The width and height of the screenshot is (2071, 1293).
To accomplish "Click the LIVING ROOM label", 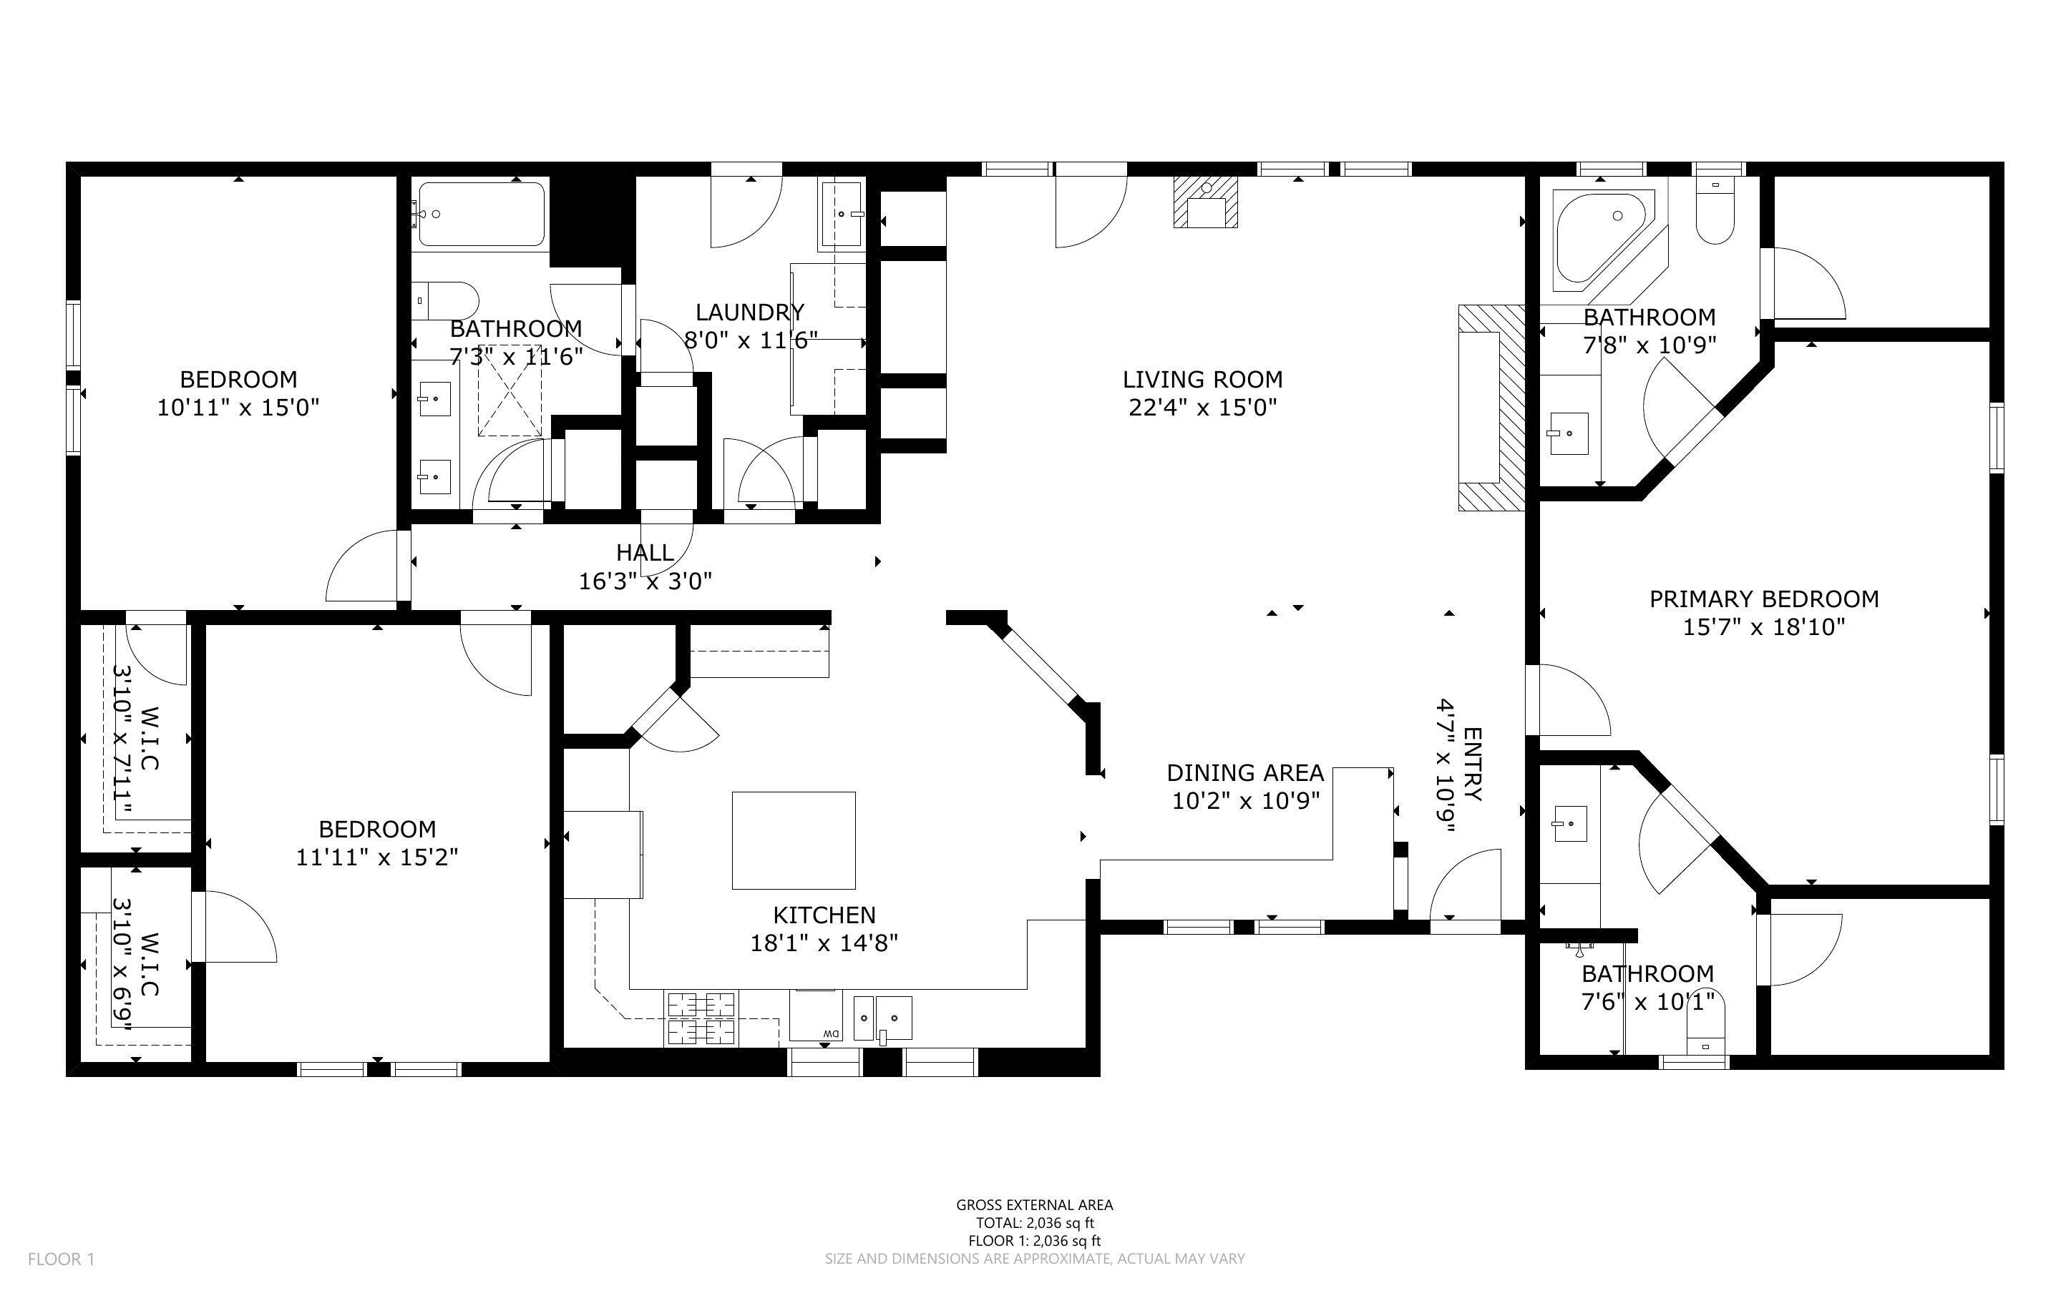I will [x=1202, y=379].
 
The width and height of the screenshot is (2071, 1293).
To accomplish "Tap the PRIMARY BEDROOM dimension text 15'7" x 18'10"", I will [x=1763, y=626].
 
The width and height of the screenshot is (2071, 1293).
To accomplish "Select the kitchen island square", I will [x=793, y=840].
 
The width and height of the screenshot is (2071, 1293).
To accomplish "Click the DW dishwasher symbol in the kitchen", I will [x=828, y=1035].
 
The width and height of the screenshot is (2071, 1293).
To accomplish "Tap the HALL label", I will [x=644, y=552].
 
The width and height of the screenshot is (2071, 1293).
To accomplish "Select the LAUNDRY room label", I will [x=749, y=312].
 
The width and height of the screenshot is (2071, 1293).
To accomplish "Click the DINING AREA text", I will [x=1244, y=773].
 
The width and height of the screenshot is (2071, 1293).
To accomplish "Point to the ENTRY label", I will [x=1472, y=764].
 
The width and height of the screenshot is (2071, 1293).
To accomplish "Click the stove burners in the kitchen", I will [x=701, y=1018].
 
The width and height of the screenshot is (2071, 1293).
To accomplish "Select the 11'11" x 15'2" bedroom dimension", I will [x=376, y=857].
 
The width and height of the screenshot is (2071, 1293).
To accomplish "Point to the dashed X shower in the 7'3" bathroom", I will [x=509, y=402].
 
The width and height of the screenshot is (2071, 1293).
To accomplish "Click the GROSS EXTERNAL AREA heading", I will [x=1034, y=1205].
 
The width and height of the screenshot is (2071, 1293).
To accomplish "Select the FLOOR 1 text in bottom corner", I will [x=61, y=1259].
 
